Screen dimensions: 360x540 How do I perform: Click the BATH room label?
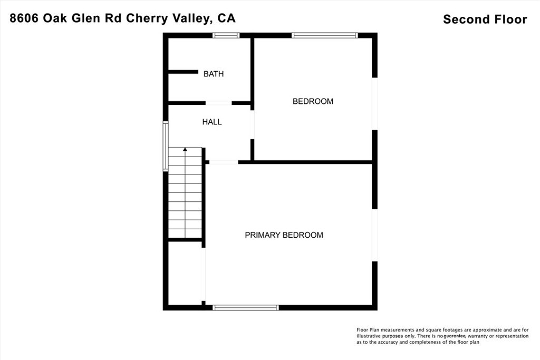(214, 74)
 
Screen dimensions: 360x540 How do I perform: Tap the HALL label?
(212, 122)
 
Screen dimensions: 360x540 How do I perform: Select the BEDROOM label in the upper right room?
(313, 101)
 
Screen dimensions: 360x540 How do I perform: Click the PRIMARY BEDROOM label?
(284, 235)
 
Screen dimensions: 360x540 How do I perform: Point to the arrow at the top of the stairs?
(185, 150)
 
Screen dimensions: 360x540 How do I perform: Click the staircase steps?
(185, 195)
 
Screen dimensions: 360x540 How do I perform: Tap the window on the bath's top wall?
(226, 36)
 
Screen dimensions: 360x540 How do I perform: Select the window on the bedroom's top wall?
(325, 36)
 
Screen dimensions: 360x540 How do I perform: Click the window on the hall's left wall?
(166, 146)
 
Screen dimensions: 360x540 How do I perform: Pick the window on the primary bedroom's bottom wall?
(245, 307)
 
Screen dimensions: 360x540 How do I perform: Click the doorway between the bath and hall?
(218, 103)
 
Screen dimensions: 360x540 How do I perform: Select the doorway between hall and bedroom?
(253, 124)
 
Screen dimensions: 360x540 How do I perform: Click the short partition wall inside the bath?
(182, 72)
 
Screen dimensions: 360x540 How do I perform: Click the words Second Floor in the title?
(485, 20)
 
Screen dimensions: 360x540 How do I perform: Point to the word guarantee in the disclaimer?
(454, 336)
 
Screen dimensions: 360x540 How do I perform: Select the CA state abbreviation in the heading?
(226, 18)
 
